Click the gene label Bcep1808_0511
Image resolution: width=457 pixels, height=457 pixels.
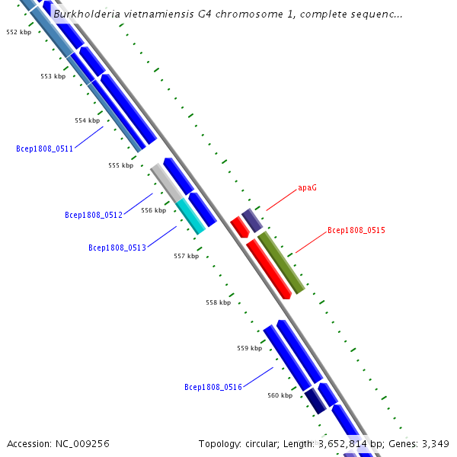(x=44, y=149)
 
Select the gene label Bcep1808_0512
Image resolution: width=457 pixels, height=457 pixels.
(x=94, y=215)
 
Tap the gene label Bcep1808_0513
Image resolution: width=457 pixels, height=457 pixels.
(x=117, y=248)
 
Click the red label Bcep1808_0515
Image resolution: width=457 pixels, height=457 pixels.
(x=356, y=230)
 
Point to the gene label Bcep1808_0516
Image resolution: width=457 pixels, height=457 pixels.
(x=213, y=388)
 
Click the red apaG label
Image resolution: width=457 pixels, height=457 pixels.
(x=307, y=187)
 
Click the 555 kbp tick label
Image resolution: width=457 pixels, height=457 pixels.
(x=120, y=165)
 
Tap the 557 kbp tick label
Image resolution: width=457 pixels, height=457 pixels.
(x=186, y=256)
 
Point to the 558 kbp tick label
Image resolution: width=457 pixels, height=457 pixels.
(x=218, y=302)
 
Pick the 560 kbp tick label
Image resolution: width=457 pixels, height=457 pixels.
(x=280, y=395)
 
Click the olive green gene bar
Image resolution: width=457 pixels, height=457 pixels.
(x=281, y=262)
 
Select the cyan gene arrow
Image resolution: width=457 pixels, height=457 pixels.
(x=190, y=216)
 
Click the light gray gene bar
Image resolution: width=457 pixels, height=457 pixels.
(x=166, y=182)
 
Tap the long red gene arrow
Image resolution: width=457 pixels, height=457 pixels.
(x=269, y=268)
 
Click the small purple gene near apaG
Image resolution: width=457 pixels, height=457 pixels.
(x=252, y=220)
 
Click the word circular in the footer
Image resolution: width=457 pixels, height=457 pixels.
(x=267, y=443)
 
